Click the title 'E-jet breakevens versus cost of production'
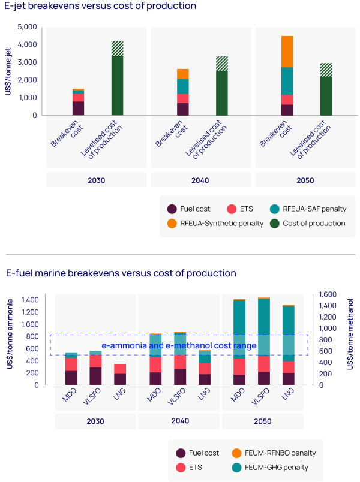(101, 7)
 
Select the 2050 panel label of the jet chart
(305, 180)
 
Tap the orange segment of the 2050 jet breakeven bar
(287, 52)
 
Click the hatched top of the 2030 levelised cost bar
(117, 49)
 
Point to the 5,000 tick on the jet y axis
(28, 27)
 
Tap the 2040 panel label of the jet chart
(200, 180)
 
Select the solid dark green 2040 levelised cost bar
(222, 93)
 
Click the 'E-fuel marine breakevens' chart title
(121, 273)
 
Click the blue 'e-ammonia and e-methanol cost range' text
(179, 345)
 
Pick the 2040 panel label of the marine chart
(179, 421)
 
